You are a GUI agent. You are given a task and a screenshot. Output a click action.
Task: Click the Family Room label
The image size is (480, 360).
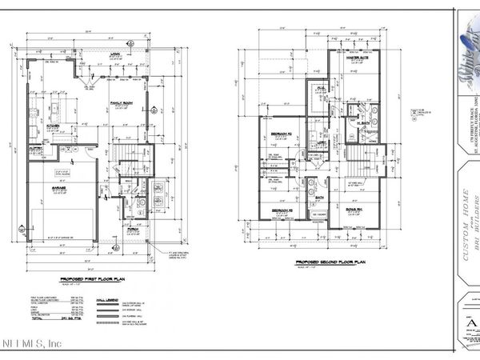tap(122, 102)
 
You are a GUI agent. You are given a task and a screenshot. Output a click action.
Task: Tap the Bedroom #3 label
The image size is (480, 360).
tap(281, 210)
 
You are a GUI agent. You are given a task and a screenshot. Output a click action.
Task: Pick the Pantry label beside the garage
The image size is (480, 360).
tap(36, 149)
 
